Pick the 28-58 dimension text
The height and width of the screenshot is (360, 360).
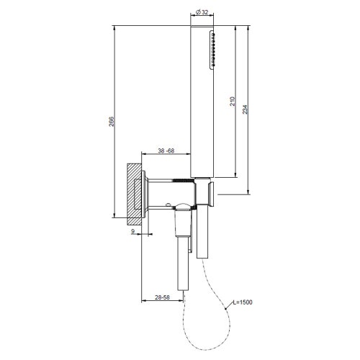(162, 298)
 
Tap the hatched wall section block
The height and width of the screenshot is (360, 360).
(135, 190)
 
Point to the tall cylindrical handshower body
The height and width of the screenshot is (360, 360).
(201, 101)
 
